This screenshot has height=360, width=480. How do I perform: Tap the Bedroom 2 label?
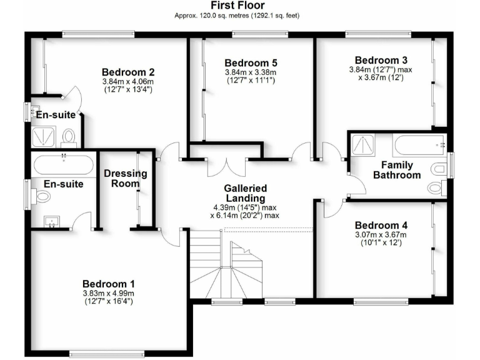(x=128, y=71)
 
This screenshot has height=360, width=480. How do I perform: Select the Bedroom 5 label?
(x=251, y=63)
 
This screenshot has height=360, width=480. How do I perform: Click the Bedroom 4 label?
(x=381, y=225)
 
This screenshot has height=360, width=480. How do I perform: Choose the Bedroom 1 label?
(x=108, y=283)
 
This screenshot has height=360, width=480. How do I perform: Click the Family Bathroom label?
(x=397, y=170)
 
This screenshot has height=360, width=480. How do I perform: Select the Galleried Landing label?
(x=246, y=193)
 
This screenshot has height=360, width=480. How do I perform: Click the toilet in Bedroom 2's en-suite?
(x=69, y=136)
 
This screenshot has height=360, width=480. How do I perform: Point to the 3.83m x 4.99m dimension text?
(x=108, y=293)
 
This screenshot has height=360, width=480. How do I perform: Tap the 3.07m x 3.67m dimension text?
(x=381, y=235)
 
